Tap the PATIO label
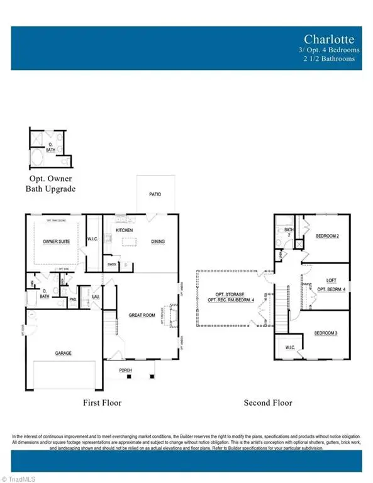pyautogui.click(x=155, y=194)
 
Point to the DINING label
pyautogui.click(x=158, y=240)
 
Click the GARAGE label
pyautogui.click(x=62, y=353)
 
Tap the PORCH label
pyautogui.click(x=126, y=370)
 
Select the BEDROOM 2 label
pyautogui.click(x=328, y=236)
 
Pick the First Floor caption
pyautogui.click(x=102, y=402)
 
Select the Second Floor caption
pyautogui.click(x=267, y=402)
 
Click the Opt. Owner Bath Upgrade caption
pyautogui.click(x=50, y=184)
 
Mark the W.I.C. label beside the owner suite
pyautogui.click(x=92, y=238)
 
